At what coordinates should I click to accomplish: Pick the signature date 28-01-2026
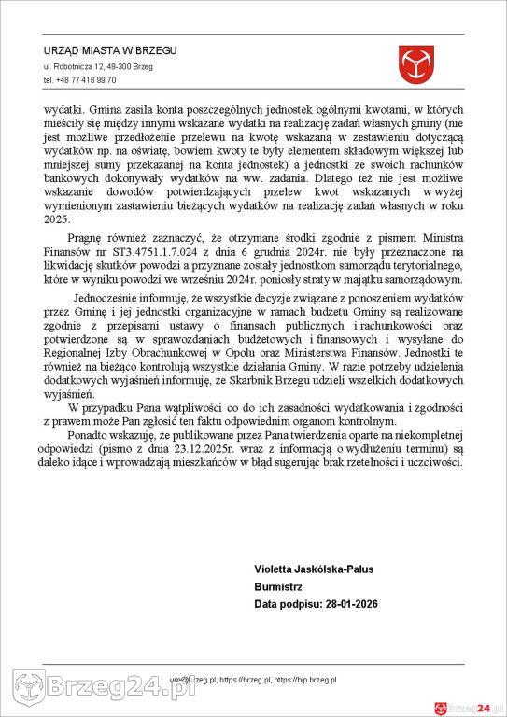pyautogui.click(x=346, y=605)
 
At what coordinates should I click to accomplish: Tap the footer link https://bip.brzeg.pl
pyautogui.click(x=305, y=682)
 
